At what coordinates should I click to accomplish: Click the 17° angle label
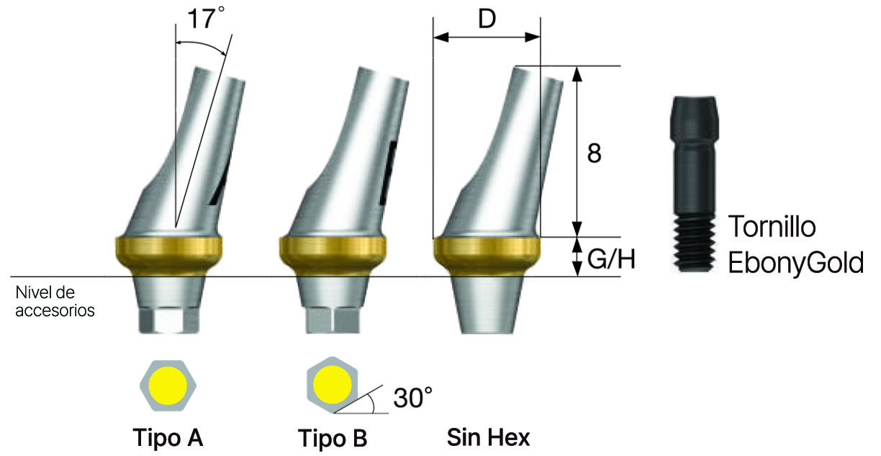[x=206, y=19]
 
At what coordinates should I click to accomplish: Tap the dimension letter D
[x=487, y=19]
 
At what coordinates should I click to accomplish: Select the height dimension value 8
[x=594, y=153]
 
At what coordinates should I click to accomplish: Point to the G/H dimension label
[x=611, y=259]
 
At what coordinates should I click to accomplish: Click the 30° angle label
[x=412, y=398]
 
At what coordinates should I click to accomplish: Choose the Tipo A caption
[x=168, y=437]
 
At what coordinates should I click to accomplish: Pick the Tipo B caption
[x=333, y=438]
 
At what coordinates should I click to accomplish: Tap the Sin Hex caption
[x=488, y=437]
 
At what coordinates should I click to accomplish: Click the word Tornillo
[x=772, y=226]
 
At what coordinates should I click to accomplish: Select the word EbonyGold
[x=795, y=263]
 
